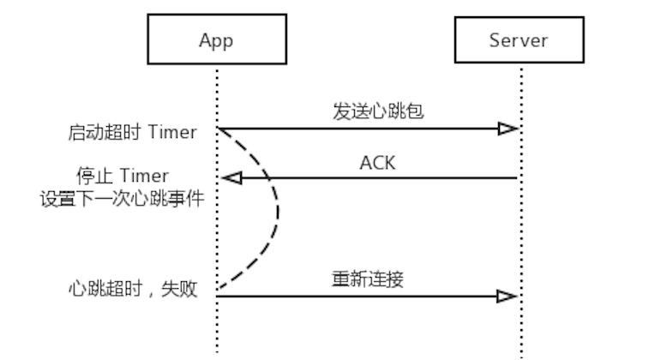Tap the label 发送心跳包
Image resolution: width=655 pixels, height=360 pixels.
click(x=378, y=111)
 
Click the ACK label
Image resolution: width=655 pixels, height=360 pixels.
click(x=377, y=163)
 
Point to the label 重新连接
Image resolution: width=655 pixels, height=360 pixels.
click(x=368, y=279)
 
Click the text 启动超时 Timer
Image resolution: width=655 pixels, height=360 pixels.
click(x=132, y=132)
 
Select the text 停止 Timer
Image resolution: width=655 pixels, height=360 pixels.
click(x=123, y=176)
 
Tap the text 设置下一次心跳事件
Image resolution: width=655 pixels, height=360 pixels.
click(x=123, y=198)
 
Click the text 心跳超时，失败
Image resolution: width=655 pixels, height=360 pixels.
click(x=133, y=289)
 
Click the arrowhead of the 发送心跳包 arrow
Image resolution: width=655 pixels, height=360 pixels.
click(x=508, y=129)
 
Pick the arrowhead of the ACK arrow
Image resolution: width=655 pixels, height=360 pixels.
click(x=231, y=178)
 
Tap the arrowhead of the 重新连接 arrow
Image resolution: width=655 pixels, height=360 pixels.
click(x=507, y=297)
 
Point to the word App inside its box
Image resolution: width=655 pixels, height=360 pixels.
click(x=216, y=41)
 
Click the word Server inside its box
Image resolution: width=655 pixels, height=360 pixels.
click(x=519, y=40)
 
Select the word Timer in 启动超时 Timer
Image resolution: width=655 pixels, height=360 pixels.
click(x=172, y=132)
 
